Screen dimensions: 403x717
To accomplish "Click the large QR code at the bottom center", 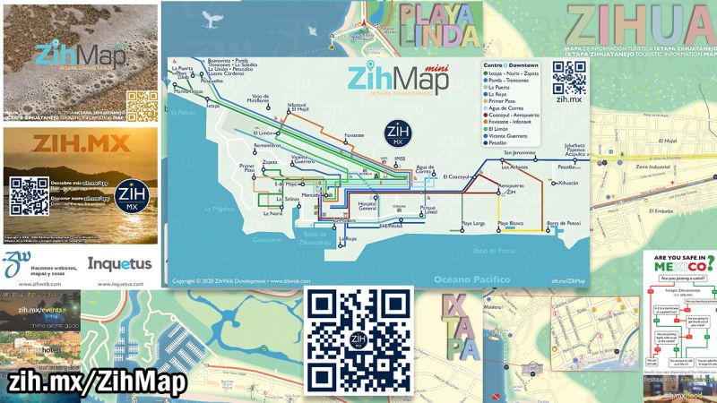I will click(358, 340).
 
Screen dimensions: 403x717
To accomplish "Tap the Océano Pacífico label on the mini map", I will click(472, 279).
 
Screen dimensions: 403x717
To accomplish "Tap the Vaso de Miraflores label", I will click(261, 99).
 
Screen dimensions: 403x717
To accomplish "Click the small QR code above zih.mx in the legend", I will click(569, 77).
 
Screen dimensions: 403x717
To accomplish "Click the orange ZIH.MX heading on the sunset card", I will click(79, 143).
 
